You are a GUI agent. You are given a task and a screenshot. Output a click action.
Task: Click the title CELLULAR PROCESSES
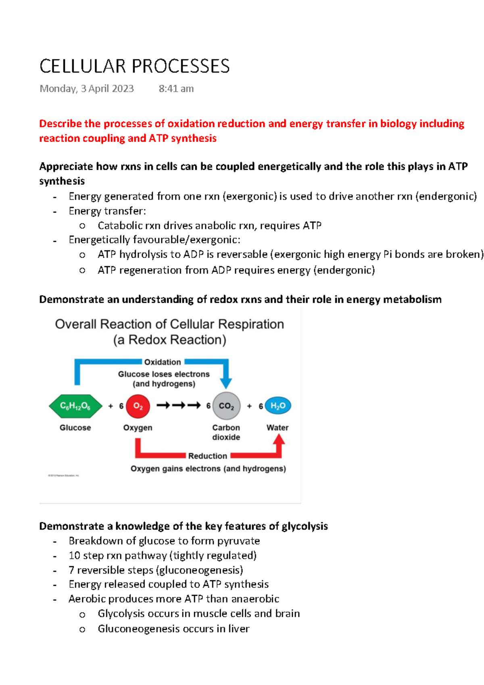point(134,66)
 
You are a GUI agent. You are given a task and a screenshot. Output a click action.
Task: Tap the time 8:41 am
point(176,89)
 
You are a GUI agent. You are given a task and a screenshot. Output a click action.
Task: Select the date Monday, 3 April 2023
point(86,89)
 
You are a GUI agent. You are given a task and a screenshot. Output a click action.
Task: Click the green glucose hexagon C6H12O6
point(75,406)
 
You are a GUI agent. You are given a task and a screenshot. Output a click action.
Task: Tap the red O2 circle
point(138,406)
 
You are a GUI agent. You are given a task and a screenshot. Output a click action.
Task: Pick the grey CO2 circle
point(226,406)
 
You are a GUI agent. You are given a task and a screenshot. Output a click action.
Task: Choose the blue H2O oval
point(278,405)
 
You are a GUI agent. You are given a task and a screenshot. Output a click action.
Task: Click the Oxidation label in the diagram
point(163,362)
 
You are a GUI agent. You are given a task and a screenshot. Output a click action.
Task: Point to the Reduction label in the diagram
point(207,456)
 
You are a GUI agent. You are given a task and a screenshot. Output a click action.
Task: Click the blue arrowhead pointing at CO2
point(226,382)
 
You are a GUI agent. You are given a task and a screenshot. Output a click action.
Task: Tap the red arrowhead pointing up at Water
point(279,440)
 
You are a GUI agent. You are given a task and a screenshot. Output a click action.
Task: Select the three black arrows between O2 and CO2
point(178,405)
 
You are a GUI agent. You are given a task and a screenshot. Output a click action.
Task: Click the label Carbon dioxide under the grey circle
point(226,432)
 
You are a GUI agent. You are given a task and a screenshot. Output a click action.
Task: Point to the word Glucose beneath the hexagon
point(75,428)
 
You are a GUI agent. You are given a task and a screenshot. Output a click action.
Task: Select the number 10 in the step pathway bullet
point(74,556)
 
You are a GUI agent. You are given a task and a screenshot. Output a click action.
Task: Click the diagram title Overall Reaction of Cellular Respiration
point(169,324)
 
